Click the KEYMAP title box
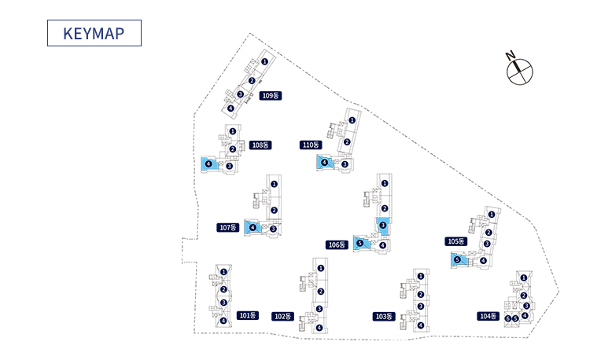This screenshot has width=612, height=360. click(x=94, y=33)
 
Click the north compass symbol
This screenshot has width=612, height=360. click(x=519, y=70)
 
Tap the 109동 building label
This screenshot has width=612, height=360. click(x=271, y=95)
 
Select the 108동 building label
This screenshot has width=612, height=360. click(x=260, y=145)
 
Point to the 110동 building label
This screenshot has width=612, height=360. click(x=311, y=145)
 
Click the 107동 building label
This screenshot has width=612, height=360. click(x=228, y=227)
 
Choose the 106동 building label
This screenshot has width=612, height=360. click(x=337, y=244)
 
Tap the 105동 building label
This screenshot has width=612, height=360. click(x=456, y=241)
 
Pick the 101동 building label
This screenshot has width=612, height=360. click(x=248, y=315)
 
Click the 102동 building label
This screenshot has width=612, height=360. click(x=282, y=316)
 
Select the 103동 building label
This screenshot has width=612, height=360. click(x=383, y=316)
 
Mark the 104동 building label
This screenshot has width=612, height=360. click(x=488, y=316)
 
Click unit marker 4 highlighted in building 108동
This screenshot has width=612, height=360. click(x=208, y=163)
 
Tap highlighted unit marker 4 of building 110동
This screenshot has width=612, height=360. click(x=324, y=162)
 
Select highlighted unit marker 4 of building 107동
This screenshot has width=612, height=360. click(x=253, y=227)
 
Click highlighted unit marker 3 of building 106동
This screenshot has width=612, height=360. click(x=383, y=226)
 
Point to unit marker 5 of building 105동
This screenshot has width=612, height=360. click(x=457, y=259)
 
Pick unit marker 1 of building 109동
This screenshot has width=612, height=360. click(x=265, y=61)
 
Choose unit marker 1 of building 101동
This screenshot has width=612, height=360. click(x=223, y=272)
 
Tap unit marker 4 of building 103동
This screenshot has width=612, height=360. click(x=421, y=325)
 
